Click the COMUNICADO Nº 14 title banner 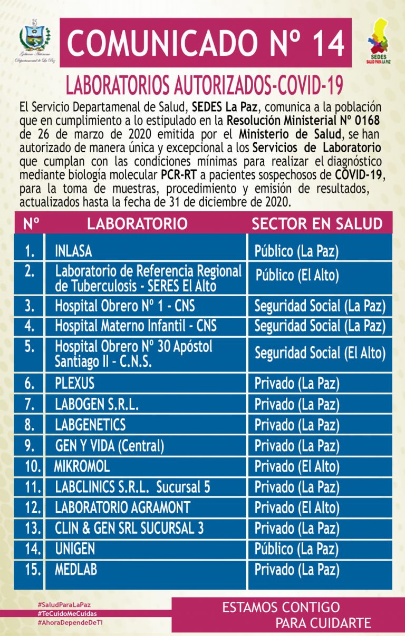pyautogui.click(x=205, y=43)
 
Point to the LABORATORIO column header pyautogui.click(x=137, y=223)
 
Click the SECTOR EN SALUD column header pyautogui.click(x=317, y=223)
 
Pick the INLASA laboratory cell pyautogui.click(x=74, y=251)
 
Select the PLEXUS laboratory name pyautogui.click(x=75, y=383)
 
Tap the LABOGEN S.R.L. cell pyautogui.click(x=97, y=404)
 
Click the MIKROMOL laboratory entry pyautogui.click(x=82, y=466)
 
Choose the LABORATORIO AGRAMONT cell pyautogui.click(x=122, y=507)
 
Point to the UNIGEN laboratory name pyautogui.click(x=75, y=549)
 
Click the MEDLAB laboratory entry pyautogui.click(x=76, y=569)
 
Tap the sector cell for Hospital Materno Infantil pyautogui.click(x=320, y=326)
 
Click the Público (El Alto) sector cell pyautogui.click(x=297, y=276)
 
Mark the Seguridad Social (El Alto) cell pyautogui.click(x=320, y=353)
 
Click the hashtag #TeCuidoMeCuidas pyautogui.click(x=67, y=614)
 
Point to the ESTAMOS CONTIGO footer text pyautogui.click(x=281, y=608)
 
